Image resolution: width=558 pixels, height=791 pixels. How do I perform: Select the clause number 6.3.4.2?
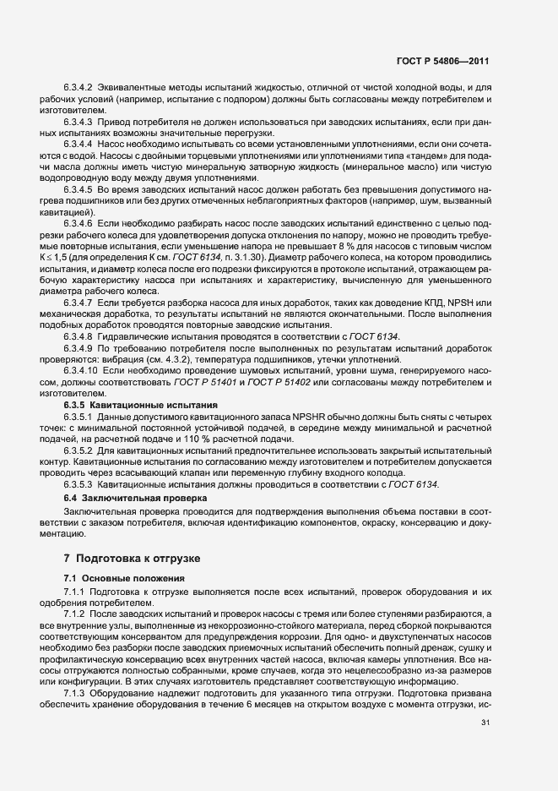tap(78, 88)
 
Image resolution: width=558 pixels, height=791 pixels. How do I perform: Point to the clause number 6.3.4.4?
tap(78, 145)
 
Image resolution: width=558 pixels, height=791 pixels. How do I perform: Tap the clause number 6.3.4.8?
tap(78, 336)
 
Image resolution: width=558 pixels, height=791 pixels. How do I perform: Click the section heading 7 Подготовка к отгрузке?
tap(135, 559)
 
